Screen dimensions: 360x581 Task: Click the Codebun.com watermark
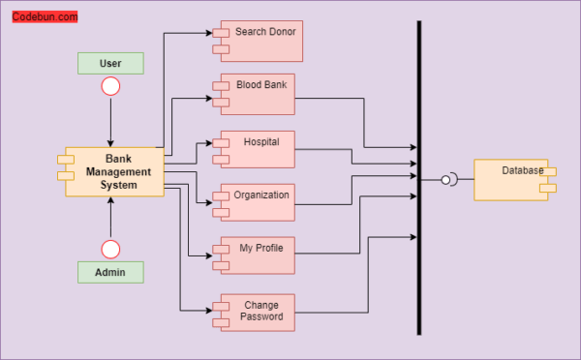click(46, 16)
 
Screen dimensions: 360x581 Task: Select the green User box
click(110, 63)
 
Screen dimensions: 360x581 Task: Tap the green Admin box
click(110, 272)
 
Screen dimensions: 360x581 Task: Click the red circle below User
click(110, 87)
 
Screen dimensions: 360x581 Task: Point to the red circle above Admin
click(110, 250)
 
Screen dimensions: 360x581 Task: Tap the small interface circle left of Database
click(447, 179)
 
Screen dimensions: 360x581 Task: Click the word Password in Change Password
click(262, 317)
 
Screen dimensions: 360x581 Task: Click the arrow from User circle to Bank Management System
click(110, 121)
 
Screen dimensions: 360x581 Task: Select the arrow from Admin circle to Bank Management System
click(110, 218)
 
